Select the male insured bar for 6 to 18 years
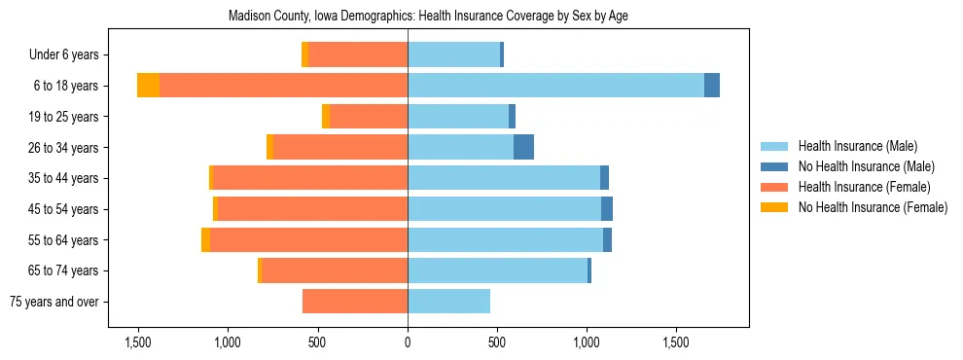[555, 86]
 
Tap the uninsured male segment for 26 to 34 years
[523, 147]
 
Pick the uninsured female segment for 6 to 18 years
[148, 86]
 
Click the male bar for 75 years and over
[448, 302]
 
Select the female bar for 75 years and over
[355, 302]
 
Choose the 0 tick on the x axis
[408, 342]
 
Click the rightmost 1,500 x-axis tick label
[677, 342]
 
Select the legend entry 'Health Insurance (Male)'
[857, 146]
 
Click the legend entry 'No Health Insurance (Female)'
[873, 207]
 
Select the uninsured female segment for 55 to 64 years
[205, 239]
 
